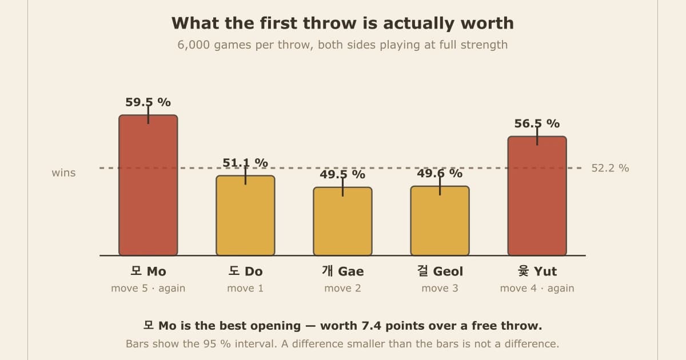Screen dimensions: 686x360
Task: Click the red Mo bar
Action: [x=148, y=185]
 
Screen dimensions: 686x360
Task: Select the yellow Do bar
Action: [x=245, y=215]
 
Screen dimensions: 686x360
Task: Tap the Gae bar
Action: [x=342, y=221]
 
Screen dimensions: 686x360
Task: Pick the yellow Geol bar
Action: [x=440, y=221]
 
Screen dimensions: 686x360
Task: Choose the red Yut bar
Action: [x=537, y=196]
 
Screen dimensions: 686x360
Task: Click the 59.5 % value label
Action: [x=148, y=102]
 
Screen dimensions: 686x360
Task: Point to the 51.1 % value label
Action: [x=245, y=163]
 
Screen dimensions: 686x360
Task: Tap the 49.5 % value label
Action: [x=342, y=174]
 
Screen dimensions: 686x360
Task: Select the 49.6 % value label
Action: [x=440, y=173]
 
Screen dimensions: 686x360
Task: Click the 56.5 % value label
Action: [x=537, y=123]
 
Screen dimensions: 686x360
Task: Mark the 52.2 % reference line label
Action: [x=610, y=168]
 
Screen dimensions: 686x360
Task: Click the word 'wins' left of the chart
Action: [x=63, y=173]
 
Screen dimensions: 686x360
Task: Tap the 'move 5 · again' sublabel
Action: [x=148, y=289]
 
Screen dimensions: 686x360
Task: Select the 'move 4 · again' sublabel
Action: [x=537, y=289]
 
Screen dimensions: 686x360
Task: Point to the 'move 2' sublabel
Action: [x=342, y=289]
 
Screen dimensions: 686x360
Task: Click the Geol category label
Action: [x=440, y=271]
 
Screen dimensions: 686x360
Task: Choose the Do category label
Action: [x=245, y=271]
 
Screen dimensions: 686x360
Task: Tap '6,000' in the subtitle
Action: [x=194, y=45]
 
